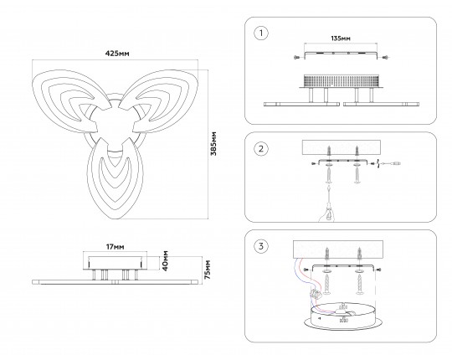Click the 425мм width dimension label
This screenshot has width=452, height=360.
pyautogui.click(x=117, y=54)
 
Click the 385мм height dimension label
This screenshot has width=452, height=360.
pyautogui.click(x=213, y=143)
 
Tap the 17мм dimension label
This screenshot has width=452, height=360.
pyautogui.click(x=116, y=247)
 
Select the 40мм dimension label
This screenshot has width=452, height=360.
pyautogui.click(x=165, y=260)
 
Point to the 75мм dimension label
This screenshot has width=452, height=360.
pyautogui.click(x=208, y=270)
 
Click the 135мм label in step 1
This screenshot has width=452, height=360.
pyautogui.click(x=341, y=39)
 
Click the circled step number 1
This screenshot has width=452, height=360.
pyautogui.click(x=261, y=33)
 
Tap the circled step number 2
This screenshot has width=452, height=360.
pyautogui.click(x=261, y=149)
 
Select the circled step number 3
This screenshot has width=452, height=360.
pyautogui.click(x=261, y=246)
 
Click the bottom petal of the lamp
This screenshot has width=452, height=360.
pyautogui.click(x=116, y=178)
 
